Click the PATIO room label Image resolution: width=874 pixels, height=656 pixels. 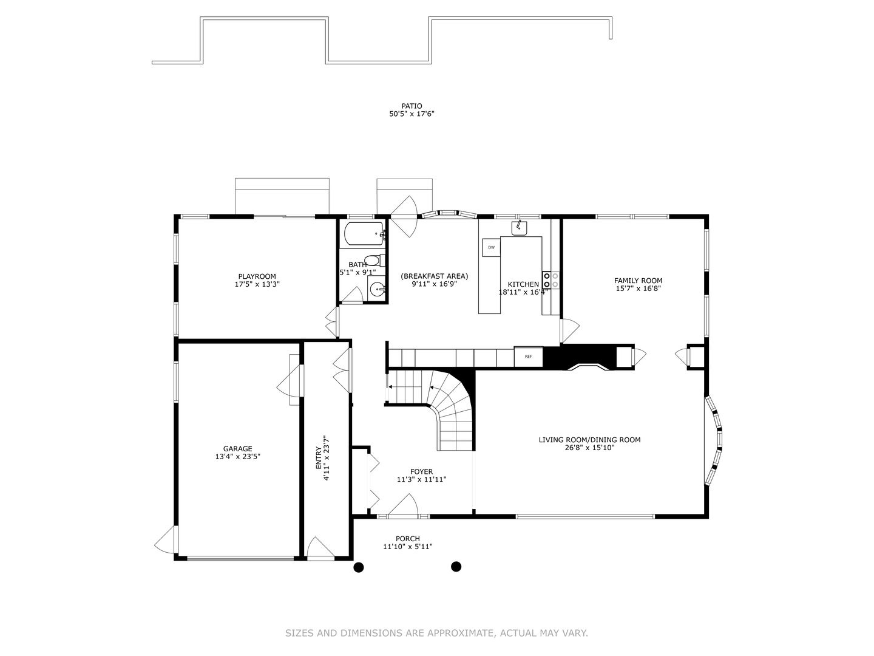pos(412,106)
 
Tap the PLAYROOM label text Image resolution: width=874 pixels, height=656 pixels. pos(257,276)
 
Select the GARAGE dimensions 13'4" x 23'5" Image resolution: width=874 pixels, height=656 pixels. pos(237,457)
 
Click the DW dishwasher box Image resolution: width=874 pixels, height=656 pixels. pos(491,247)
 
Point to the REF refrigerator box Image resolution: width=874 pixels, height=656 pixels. pos(528,357)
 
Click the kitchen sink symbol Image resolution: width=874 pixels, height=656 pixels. pos(519,228)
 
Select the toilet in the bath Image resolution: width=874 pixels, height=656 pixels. pos(376,261)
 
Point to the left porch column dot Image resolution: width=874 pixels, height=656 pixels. pos(359,567)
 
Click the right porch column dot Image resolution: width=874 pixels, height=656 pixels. pos(456,567)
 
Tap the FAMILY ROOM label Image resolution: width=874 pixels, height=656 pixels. pos(638,281)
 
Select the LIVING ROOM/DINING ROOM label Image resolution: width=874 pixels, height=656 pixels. pos(589,440)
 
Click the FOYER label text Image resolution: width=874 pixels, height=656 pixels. pos(421,471)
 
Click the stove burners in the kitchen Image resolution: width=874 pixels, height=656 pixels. pos(551,280)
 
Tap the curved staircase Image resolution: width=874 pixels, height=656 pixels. pos(452,413)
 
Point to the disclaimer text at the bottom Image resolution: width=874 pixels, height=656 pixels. pos(436,633)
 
